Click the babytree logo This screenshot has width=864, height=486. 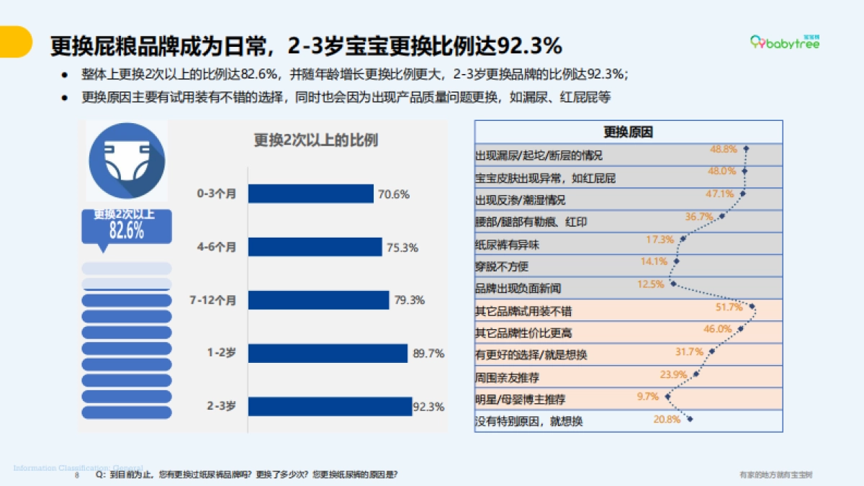785,43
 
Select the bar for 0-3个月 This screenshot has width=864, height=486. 310,194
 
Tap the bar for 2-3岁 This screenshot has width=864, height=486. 330,406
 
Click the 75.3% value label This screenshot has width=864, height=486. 402,248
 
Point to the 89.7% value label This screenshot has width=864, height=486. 428,354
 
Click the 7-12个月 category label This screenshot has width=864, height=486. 212,300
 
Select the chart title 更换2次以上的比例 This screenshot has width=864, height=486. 315,140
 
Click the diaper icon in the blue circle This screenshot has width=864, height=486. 127,160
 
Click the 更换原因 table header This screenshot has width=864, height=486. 628,132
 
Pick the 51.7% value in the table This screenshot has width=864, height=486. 729,307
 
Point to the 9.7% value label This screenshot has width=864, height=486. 648,396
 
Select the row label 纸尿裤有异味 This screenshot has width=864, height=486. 507,245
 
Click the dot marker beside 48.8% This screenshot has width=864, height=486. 747,149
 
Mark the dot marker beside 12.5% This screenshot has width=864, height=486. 673,284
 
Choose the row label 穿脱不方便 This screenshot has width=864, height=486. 502,266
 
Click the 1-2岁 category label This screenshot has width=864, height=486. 221,354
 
